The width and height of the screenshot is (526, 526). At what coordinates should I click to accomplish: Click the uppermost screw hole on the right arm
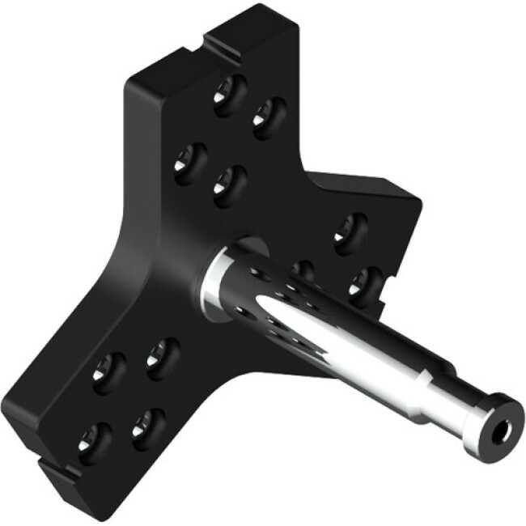tap(350, 229)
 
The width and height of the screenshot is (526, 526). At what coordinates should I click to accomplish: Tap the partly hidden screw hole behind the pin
tap(303, 269)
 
